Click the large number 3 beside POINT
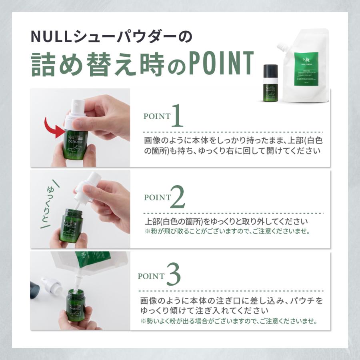[173, 275]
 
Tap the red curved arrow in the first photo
[56, 128]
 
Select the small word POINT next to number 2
[157, 197]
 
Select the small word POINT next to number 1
[157, 116]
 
